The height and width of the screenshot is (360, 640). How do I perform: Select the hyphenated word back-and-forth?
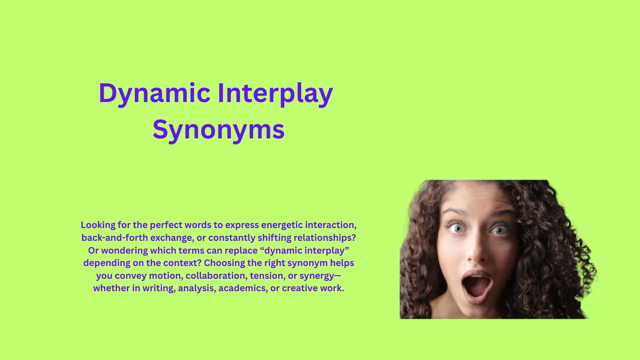pos(114,238)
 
